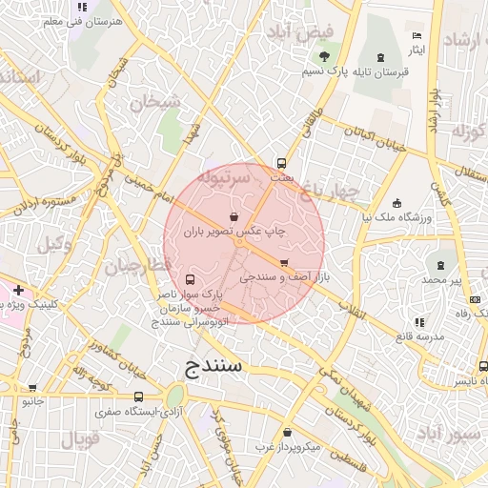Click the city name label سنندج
point(215,366)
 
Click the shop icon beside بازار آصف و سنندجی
point(284,262)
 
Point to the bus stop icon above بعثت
point(280,163)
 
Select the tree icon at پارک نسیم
point(324,56)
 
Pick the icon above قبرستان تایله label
point(381,56)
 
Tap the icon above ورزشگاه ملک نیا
point(396,202)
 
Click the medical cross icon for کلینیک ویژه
point(18,289)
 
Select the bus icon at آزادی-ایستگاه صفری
point(139,396)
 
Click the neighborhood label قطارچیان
point(139,266)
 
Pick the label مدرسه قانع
point(420,336)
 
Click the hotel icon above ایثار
point(417,31)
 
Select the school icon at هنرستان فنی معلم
point(83,6)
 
